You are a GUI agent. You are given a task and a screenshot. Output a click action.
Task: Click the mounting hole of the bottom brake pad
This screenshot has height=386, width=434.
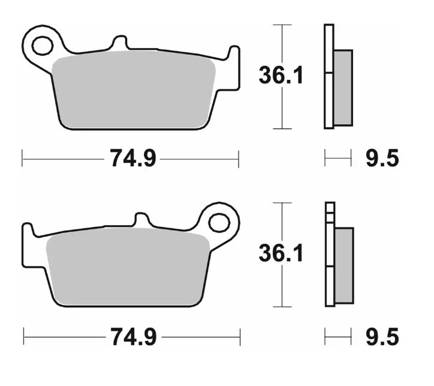point(219,222)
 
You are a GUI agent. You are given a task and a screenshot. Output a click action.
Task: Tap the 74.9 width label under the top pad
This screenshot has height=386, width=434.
point(132,159)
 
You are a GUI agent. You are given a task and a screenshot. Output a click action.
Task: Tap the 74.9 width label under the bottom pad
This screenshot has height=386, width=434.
point(132,337)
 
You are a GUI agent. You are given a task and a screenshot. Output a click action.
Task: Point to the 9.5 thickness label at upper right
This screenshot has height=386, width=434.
point(382,159)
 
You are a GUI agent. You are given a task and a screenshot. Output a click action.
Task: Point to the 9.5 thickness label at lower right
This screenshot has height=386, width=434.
point(382,337)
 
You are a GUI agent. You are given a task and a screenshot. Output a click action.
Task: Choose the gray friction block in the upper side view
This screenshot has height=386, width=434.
point(343,87)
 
